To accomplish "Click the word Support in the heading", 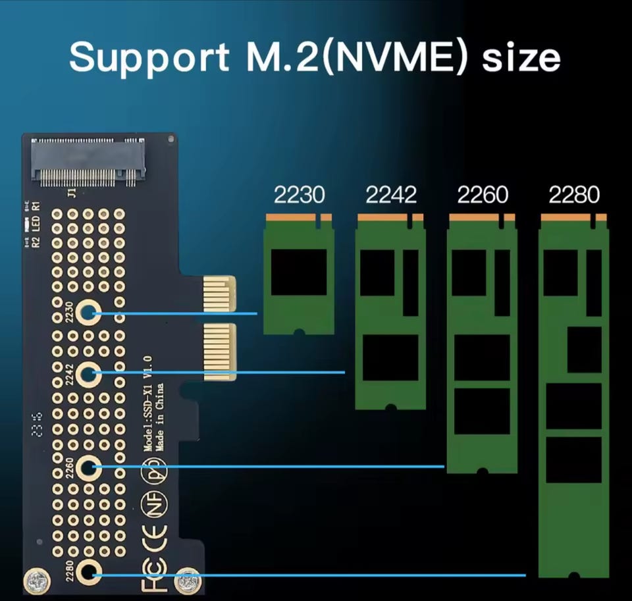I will tap(149, 58).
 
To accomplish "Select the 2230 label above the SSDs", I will tap(299, 195).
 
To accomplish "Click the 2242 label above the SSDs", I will tap(391, 195).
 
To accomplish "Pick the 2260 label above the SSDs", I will tap(483, 195).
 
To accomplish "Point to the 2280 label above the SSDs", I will tap(574, 195).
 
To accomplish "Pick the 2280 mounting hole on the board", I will tap(88, 573).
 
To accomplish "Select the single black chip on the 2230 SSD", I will tap(298, 271).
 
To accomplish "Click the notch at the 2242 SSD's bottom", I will tap(391, 407).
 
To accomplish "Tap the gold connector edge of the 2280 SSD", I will tap(573, 217).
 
